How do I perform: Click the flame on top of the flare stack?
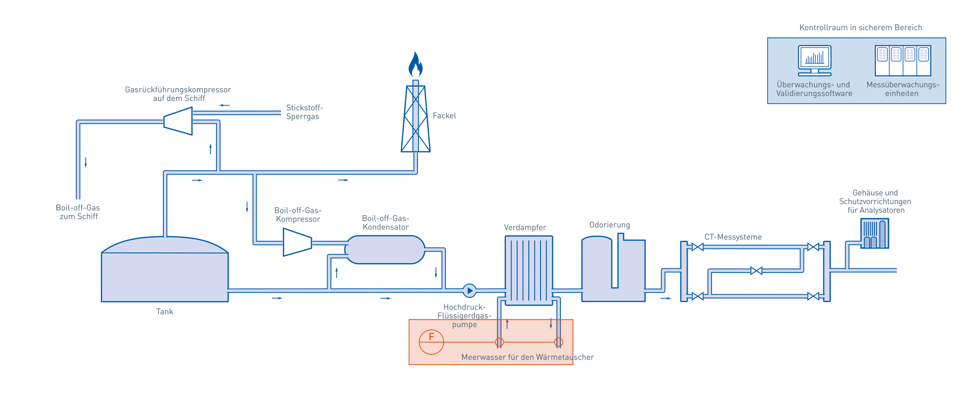[415, 65]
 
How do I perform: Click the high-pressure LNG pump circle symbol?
[470, 291]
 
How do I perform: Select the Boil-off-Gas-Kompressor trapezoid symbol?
[297, 242]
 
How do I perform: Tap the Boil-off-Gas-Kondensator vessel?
[385, 249]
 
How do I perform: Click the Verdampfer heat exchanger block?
[529, 270]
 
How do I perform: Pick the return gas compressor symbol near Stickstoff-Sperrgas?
[178, 121]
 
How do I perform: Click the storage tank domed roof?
[165, 245]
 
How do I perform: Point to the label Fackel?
[444, 116]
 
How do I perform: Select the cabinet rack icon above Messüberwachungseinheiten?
[902, 60]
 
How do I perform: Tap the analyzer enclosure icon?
[875, 234]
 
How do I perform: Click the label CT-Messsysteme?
[733, 237]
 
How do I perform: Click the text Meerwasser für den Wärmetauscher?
[527, 357]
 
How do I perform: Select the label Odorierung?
[609, 225]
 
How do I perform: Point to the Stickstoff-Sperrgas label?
[304, 112]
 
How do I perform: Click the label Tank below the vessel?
[165, 312]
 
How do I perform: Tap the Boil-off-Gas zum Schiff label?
[78, 212]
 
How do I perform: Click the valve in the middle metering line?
[756, 271]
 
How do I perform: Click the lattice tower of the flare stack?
[415, 120]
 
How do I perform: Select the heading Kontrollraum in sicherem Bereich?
[861, 28]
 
